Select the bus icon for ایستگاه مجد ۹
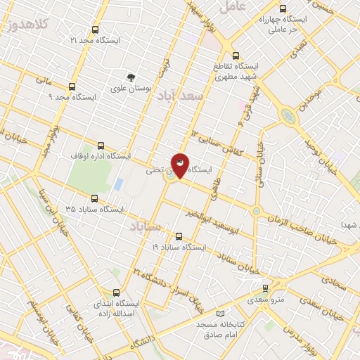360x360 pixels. point(71,86)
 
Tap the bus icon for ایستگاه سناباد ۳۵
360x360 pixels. point(94,199)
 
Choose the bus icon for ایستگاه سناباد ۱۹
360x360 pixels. point(179,237)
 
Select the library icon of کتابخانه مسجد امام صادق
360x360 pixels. point(221,312)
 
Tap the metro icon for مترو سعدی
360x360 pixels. point(265,288)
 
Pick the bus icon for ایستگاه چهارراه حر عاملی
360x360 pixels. point(282,9)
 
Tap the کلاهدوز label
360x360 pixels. point(19,25)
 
